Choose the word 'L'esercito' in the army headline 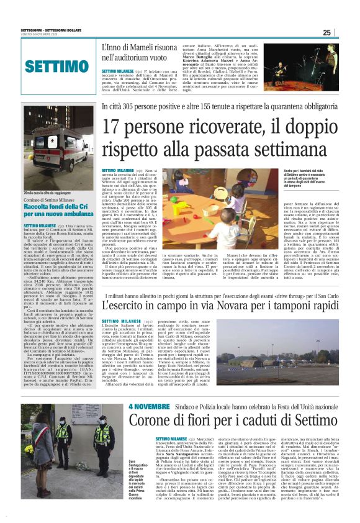tap(126, 306)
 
